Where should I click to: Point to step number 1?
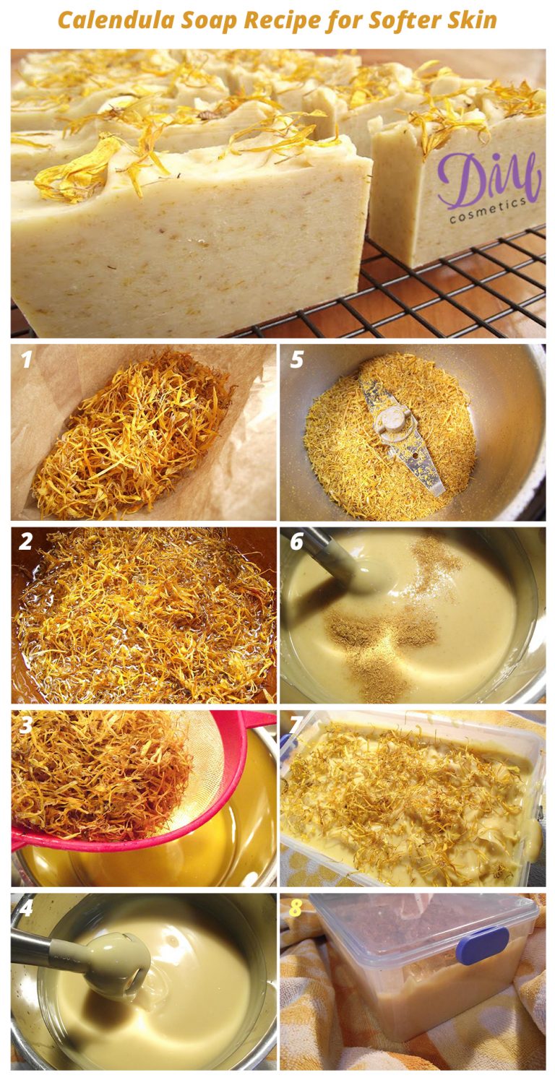click(26, 359)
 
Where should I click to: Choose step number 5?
click(296, 359)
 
